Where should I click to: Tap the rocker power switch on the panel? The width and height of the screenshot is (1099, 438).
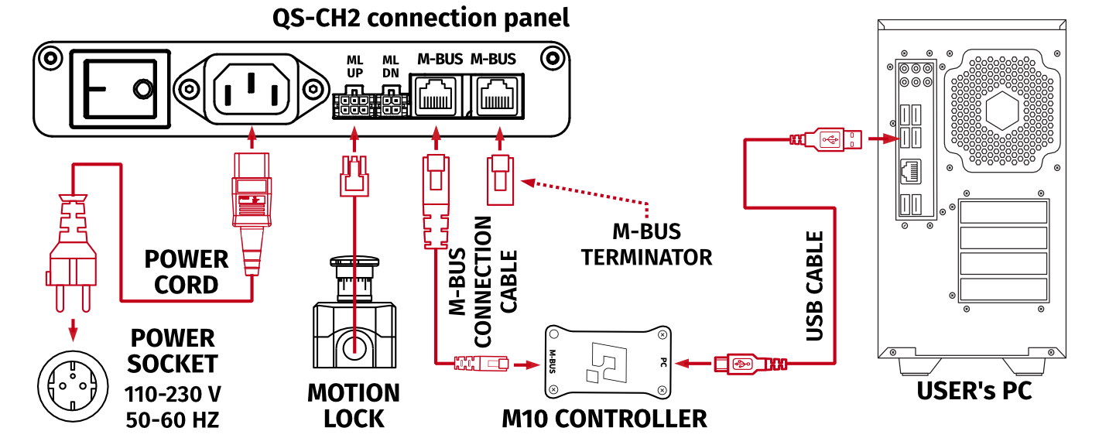120,88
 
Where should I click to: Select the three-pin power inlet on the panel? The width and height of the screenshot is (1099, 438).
250,88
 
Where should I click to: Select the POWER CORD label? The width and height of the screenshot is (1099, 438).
187,272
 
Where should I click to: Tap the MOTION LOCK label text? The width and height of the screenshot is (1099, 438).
354,405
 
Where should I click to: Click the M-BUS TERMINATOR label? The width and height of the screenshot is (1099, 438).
646,244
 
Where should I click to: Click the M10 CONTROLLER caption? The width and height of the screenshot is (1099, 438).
604,419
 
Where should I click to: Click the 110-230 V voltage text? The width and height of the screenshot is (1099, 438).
173,395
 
